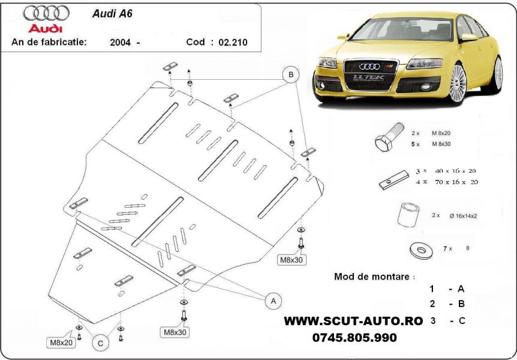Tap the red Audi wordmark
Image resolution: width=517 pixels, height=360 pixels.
click(46, 28)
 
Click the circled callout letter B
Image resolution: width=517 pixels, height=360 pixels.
click(291, 74)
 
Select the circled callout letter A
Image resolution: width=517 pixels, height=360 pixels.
click(274, 299)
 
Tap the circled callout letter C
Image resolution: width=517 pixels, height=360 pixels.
click(100, 343)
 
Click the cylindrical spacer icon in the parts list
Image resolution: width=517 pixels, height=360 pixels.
click(408, 215)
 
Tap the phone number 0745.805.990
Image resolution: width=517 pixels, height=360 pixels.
click(354, 338)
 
